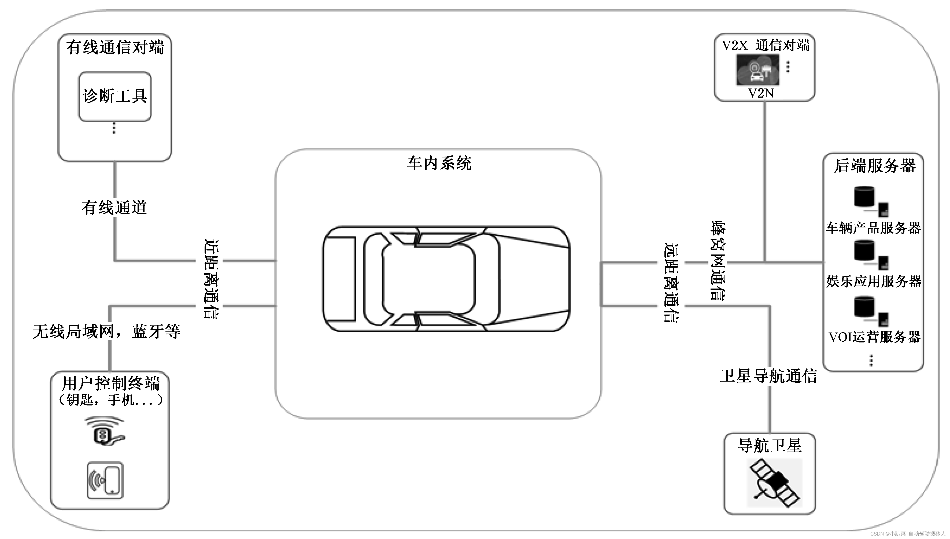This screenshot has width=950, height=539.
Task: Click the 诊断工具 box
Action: [115, 96]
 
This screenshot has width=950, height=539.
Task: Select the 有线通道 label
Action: [114, 207]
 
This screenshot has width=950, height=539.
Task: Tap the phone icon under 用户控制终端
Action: [105, 481]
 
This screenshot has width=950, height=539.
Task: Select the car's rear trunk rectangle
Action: [340, 279]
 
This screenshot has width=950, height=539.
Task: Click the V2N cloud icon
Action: [757, 70]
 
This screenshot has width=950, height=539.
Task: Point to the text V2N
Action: [761, 93]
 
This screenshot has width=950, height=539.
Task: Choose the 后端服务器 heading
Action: [874, 165]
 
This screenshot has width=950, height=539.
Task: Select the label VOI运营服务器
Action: [874, 337]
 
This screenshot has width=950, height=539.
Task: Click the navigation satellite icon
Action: [775, 483]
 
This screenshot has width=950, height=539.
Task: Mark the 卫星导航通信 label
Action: [769, 376]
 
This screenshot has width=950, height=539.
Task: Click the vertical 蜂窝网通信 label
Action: [718, 261]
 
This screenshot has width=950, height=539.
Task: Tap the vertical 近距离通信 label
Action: [211, 279]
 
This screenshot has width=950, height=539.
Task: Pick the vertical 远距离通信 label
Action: [671, 283]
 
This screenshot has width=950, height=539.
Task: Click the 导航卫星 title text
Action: [770, 446]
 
